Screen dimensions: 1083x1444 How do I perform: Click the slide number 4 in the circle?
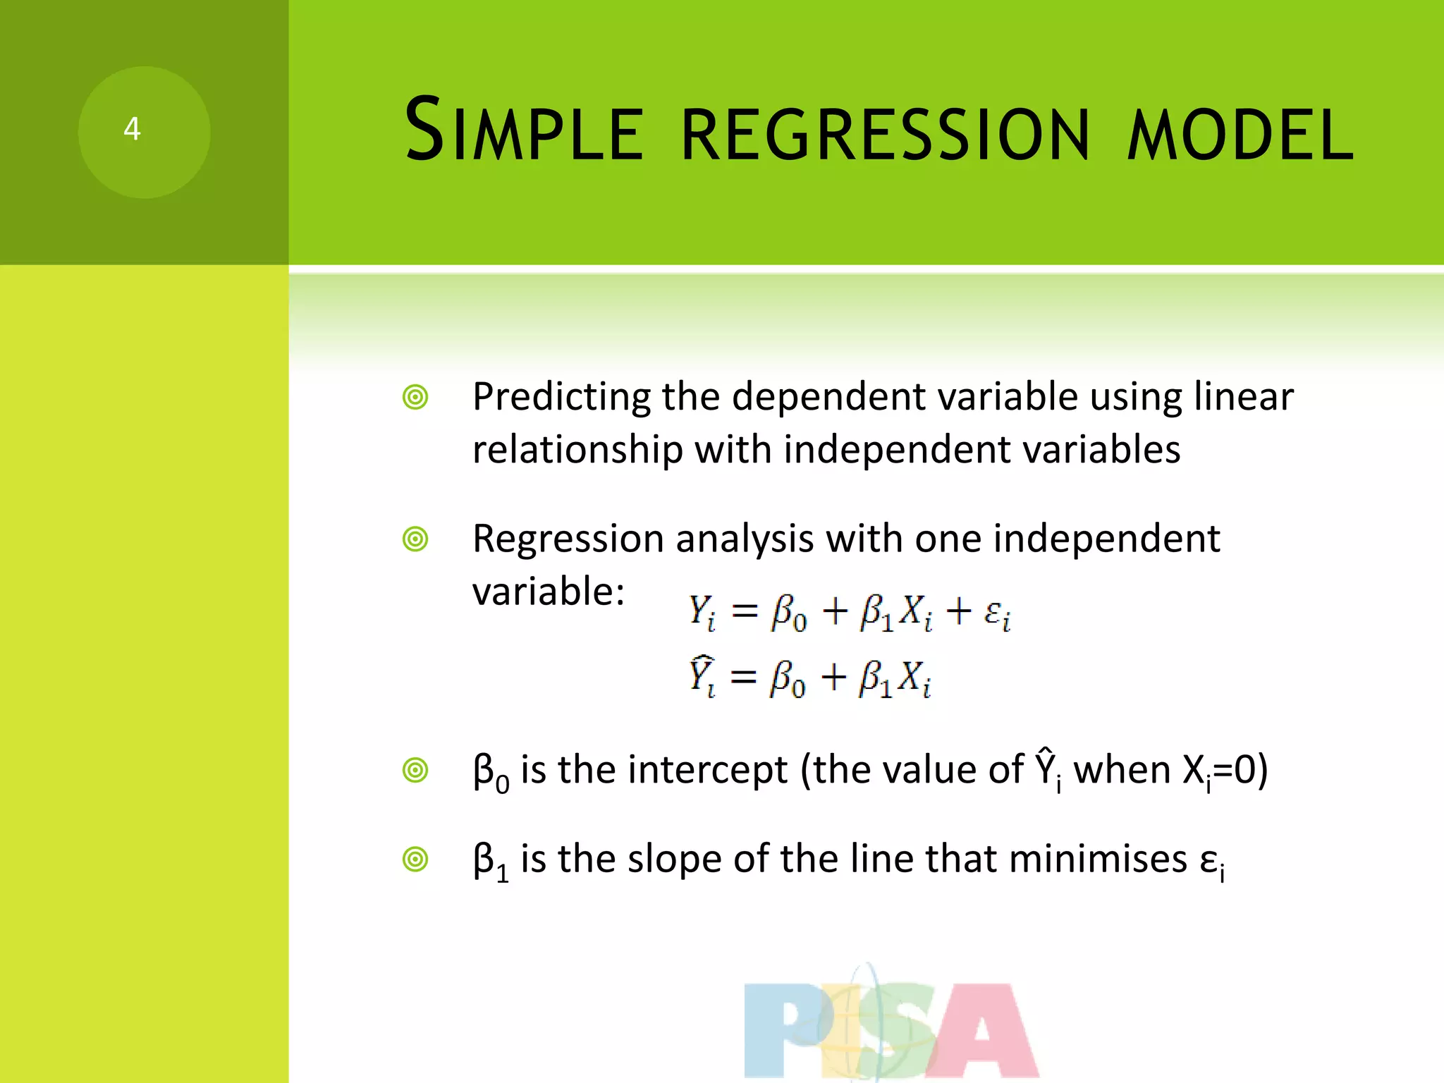[x=132, y=129]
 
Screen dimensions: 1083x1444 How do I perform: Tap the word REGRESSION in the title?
[x=886, y=134]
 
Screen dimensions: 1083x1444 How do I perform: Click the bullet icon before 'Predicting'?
[x=415, y=398]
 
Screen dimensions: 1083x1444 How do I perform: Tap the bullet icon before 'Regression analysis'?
[x=415, y=540]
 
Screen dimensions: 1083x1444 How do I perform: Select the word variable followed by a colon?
[x=548, y=591]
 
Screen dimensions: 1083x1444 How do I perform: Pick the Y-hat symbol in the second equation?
[x=702, y=675]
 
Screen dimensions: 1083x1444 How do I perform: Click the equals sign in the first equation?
[x=745, y=611]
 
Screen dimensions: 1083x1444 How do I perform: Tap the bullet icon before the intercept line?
[x=415, y=771]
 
